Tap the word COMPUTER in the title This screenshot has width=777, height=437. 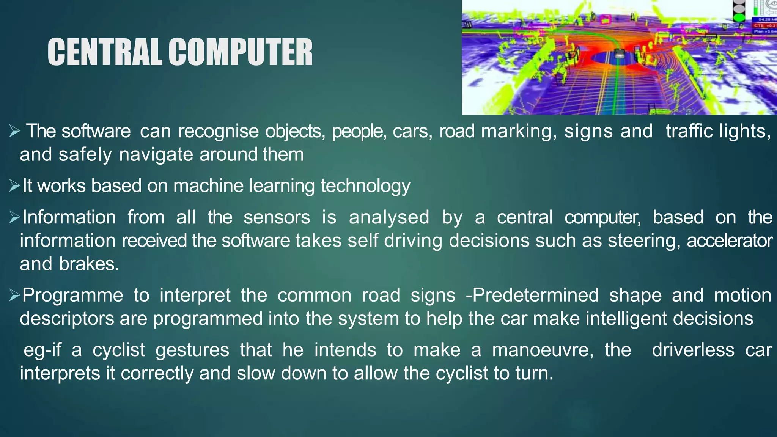tap(241, 52)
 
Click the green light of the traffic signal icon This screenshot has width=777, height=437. tap(738, 17)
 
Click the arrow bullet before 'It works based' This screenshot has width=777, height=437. tap(14, 186)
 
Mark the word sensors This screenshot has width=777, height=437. tap(277, 217)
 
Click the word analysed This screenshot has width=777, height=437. tap(389, 218)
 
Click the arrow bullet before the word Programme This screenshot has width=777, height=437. tap(14, 295)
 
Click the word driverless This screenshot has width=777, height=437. tap(693, 350)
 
